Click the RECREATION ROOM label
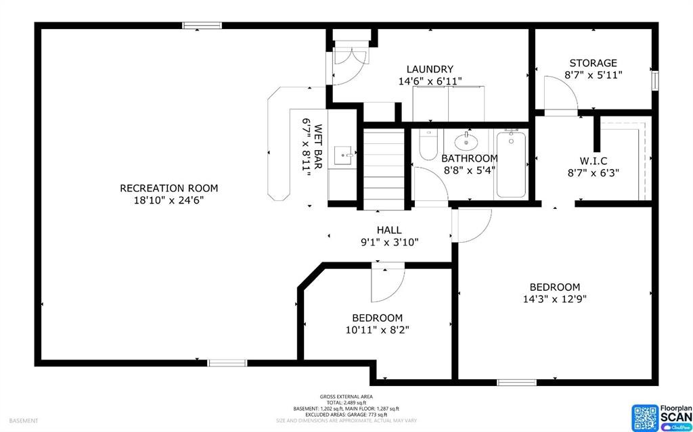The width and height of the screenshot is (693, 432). pyautogui.click(x=169, y=188)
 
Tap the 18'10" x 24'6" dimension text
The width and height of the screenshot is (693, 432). pyautogui.click(x=169, y=200)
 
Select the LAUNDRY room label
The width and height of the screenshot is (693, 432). pyautogui.click(x=430, y=69)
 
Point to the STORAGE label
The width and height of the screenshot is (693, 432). pyautogui.click(x=593, y=63)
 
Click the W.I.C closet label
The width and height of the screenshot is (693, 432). pyautogui.click(x=594, y=161)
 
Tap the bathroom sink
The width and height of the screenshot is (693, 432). pyautogui.click(x=466, y=142)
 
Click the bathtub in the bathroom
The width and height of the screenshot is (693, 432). pyautogui.click(x=511, y=164)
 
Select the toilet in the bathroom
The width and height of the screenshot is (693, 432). pyautogui.click(x=428, y=145)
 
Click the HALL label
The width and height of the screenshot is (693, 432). pyautogui.click(x=389, y=231)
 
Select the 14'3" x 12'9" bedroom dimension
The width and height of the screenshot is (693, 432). pyautogui.click(x=554, y=299)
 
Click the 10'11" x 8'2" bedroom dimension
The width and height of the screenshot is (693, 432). pyautogui.click(x=377, y=330)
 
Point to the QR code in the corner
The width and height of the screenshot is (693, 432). pyautogui.click(x=644, y=417)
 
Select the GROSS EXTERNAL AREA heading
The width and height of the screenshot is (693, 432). pyautogui.click(x=346, y=396)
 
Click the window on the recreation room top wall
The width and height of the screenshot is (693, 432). pyautogui.click(x=202, y=26)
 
